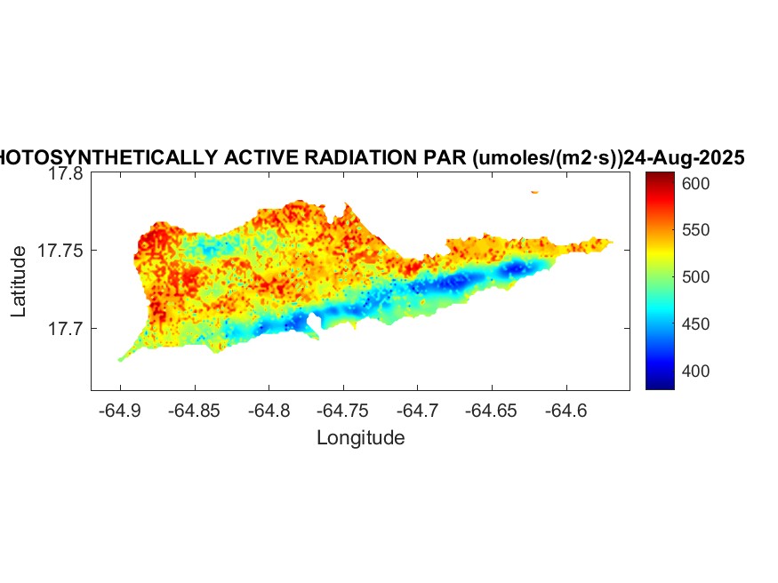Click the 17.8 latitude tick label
click(x=65, y=174)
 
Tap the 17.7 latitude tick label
click(x=65, y=329)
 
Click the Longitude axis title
click(x=360, y=438)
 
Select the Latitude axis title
click(x=20, y=282)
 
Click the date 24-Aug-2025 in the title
click(x=684, y=158)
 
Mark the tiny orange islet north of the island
click(x=534, y=191)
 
